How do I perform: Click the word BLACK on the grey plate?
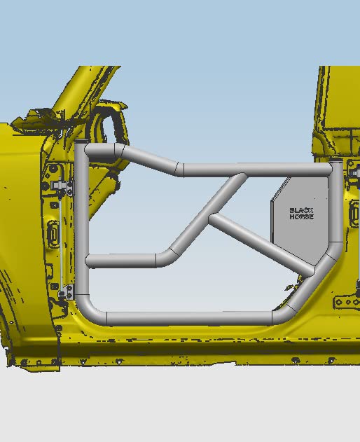pyautogui.click(x=301, y=211)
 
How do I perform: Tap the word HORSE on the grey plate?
pyautogui.click(x=301, y=216)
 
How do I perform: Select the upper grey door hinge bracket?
pyautogui.click(x=62, y=185)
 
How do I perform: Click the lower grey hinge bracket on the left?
pyautogui.click(x=67, y=292)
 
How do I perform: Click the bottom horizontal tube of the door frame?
pyautogui.click(x=189, y=319)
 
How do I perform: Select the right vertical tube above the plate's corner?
pyautogui.click(x=336, y=202)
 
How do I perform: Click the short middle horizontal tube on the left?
pyautogui.click(x=121, y=261)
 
